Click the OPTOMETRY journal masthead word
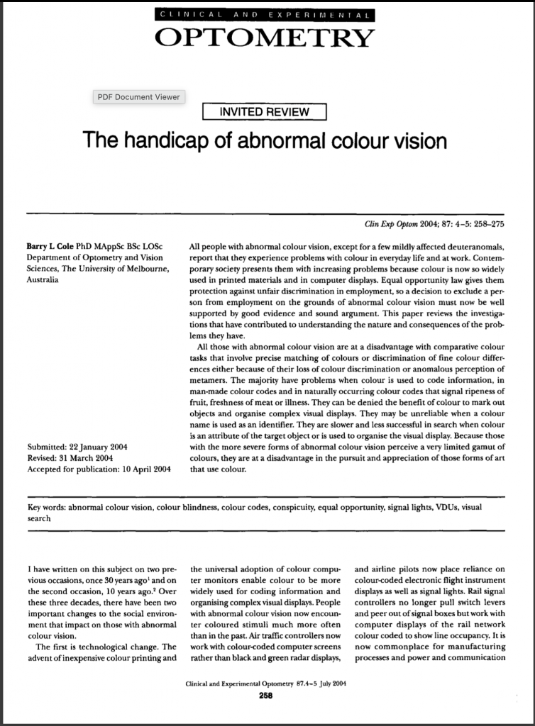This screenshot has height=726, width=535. [264, 38]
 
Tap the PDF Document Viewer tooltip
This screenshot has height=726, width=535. [138, 97]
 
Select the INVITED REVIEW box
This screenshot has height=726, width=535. [264, 112]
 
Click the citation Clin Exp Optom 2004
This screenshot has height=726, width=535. [400, 225]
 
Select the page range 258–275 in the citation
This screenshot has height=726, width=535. [486, 225]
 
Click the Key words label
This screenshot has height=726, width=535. [49, 508]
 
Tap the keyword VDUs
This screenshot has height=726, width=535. [446, 508]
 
